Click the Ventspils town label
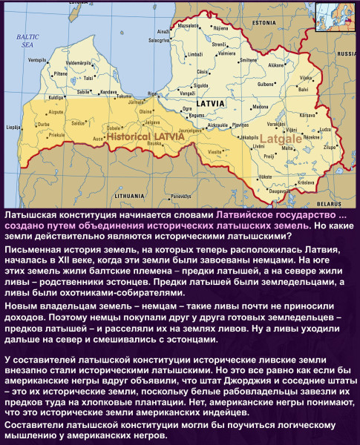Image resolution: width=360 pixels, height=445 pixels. pyautogui.click(x=37, y=59)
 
